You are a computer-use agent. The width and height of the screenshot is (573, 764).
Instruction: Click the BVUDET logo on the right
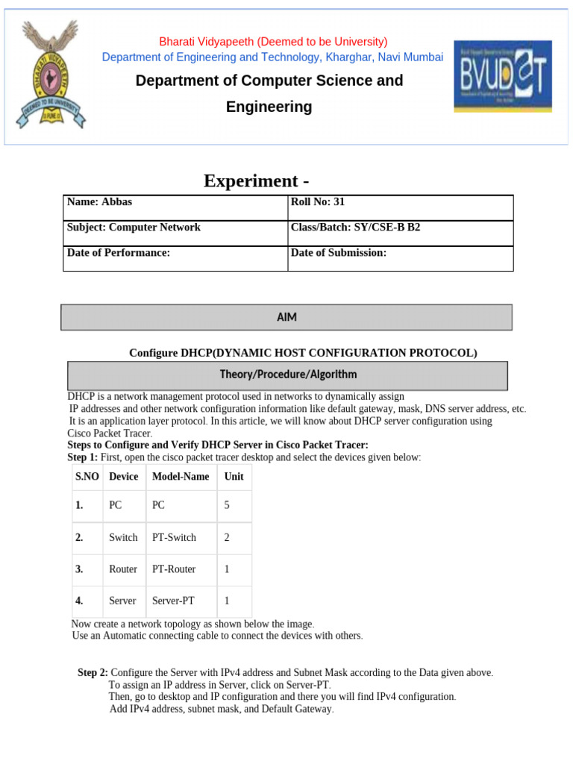pos(502,75)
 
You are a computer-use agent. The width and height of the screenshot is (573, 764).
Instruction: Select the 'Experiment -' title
pos(257,181)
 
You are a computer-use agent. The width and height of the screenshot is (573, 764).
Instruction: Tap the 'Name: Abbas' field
pos(99,202)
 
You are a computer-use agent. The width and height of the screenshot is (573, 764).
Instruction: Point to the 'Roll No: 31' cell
pos(318,202)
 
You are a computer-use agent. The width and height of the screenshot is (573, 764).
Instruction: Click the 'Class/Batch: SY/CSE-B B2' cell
pos(355,228)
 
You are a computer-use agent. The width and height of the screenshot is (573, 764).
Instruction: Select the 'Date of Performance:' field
pos(119,253)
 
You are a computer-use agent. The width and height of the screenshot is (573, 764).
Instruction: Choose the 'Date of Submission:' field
pos(339,253)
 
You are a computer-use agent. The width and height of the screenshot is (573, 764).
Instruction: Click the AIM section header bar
pos(286,317)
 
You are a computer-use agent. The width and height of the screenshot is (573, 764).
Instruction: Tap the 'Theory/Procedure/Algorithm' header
pos(288,375)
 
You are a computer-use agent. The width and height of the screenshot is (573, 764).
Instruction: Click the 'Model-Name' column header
pos(181,476)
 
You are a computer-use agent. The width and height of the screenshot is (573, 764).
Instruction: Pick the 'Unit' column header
pos(234,476)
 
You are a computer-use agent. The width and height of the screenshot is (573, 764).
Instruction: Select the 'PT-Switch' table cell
pos(174,537)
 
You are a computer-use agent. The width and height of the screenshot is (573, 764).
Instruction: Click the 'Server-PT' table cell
pos(173,601)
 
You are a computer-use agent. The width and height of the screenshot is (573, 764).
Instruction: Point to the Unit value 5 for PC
pos(227,505)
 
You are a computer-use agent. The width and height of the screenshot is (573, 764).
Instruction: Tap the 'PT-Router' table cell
pos(174,569)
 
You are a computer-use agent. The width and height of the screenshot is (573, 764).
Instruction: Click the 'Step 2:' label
pos(93,673)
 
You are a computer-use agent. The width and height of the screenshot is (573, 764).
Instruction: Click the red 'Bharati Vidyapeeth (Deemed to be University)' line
pos(273,42)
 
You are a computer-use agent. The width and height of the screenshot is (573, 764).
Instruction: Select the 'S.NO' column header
pos(87,476)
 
